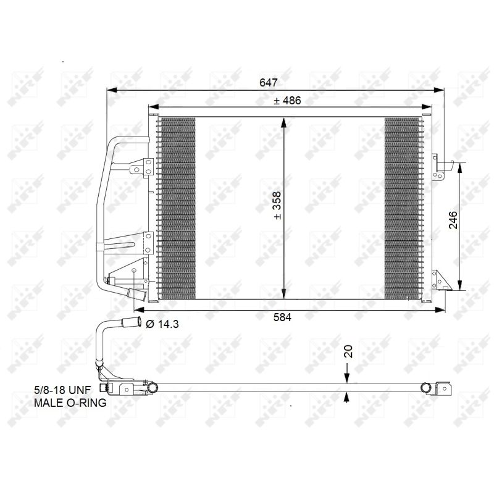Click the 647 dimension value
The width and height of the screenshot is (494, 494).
coord(269,82)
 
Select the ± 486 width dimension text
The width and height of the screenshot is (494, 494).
coord(287,101)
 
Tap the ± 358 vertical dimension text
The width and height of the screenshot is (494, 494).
coord(277,206)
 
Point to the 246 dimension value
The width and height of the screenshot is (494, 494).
coord(453,220)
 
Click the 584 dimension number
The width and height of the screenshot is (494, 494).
coord(282,317)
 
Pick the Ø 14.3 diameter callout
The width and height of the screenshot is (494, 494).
coord(162,324)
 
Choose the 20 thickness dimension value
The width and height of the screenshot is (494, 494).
coord(348,351)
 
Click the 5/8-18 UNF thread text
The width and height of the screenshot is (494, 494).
coord(62,390)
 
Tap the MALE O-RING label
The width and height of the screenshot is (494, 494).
coord(70,403)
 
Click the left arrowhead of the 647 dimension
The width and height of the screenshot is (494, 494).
coord(112,90)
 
